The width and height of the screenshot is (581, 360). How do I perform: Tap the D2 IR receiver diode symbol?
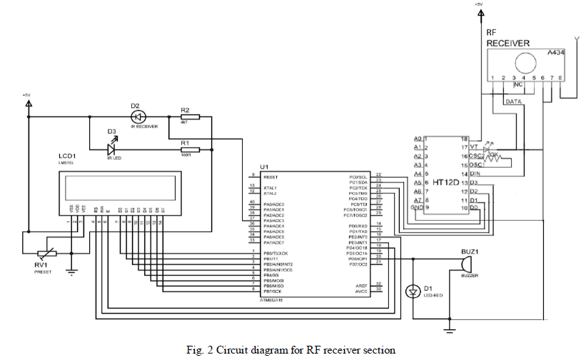138,116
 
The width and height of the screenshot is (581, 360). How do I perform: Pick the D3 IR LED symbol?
112,149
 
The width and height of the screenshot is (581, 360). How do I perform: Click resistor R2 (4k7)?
191,116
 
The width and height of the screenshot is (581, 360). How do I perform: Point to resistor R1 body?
191,149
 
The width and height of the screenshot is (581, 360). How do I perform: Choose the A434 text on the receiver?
556,53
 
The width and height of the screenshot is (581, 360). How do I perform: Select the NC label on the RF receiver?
519,84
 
